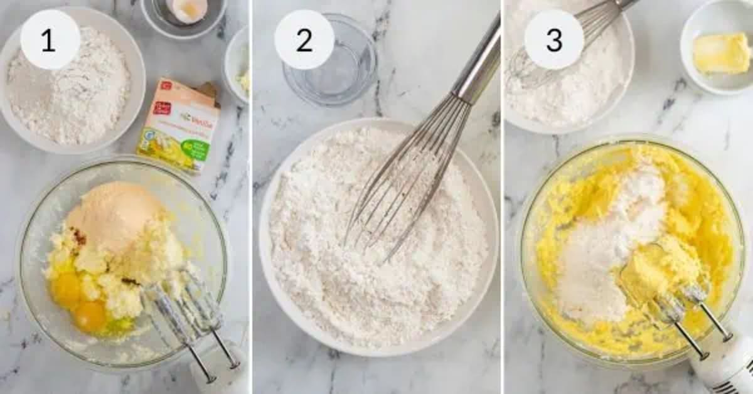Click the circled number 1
tap(50, 40)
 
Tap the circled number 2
tap(304, 40)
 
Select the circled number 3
tap(553, 40)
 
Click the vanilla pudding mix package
tap(179, 125)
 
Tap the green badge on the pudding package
tap(200, 151)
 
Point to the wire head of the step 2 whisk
tap(408, 176)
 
